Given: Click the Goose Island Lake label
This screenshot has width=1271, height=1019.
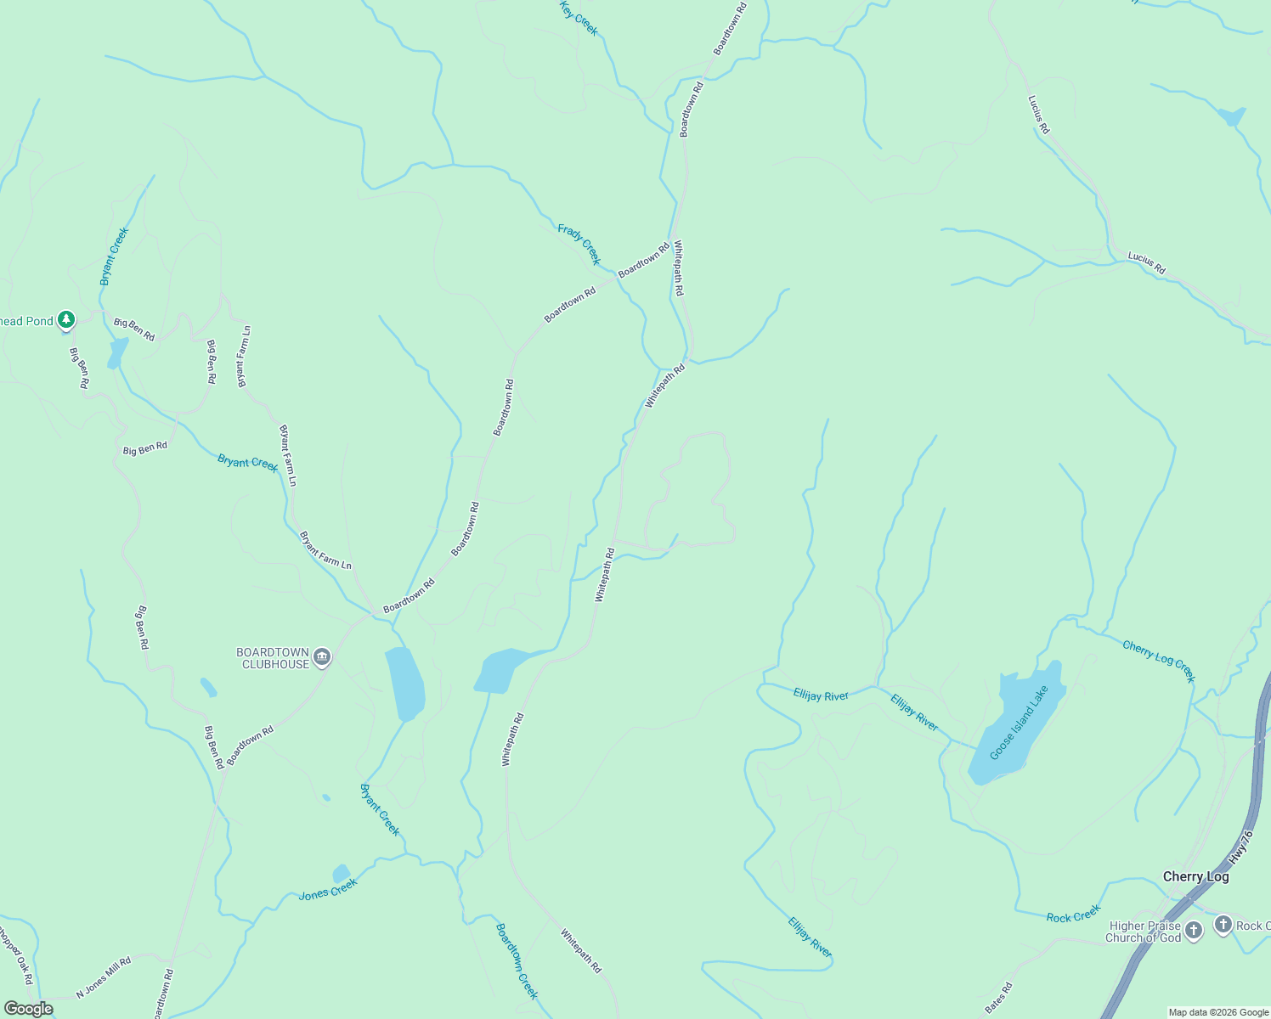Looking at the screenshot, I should (1019, 722).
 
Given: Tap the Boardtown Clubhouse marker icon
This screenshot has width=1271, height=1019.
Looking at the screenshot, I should (322, 657).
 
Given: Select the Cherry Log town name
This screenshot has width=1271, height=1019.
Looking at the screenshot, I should (1195, 876).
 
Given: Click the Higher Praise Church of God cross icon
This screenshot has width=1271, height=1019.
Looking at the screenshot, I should (1194, 931).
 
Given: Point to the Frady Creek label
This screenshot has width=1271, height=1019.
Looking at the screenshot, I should (579, 244).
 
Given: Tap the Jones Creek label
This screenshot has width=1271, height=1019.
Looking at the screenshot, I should (328, 889).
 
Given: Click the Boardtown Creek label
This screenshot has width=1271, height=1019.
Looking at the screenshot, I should (517, 960).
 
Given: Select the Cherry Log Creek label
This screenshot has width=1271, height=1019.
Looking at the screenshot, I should (1159, 661).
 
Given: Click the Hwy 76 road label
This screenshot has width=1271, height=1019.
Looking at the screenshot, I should (1241, 847).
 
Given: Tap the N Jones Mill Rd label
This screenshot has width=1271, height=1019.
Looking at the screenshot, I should (104, 977).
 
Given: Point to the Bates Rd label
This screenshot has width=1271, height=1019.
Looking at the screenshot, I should (999, 997).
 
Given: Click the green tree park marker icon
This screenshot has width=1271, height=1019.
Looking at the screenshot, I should (66, 320).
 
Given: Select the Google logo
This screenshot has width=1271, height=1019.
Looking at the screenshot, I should (28, 1009).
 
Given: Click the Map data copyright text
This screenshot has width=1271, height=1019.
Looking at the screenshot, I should (1218, 1012).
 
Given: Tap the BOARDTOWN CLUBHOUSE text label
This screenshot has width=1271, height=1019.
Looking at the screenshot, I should (273, 658).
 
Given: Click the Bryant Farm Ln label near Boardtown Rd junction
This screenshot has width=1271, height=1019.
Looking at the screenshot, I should (325, 550).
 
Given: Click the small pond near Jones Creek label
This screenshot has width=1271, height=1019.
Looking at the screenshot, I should (341, 873).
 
